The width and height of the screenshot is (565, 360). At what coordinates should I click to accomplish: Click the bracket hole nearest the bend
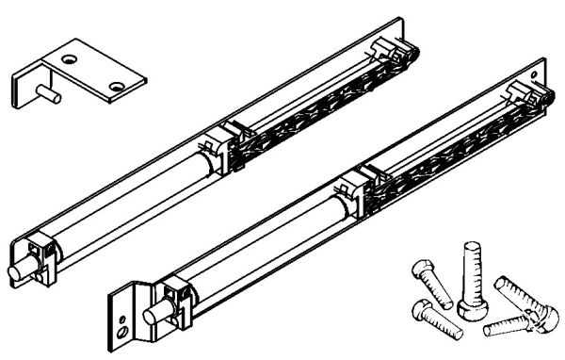(68, 59)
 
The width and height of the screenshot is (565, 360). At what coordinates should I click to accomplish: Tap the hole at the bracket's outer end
(116, 87)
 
